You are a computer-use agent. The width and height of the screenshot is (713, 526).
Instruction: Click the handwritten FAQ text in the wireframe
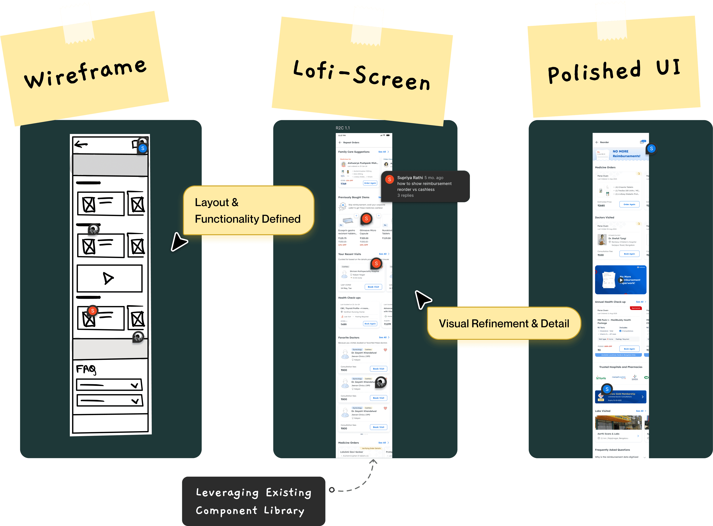coord(86,369)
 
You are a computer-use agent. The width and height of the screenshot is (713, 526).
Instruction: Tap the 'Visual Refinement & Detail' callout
coord(504,323)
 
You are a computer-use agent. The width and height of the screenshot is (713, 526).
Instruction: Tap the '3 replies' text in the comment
coord(405,195)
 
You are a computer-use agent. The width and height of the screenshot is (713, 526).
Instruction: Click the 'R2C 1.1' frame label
coord(343,128)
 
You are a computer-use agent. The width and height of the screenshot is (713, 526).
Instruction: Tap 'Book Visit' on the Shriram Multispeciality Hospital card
coord(373,287)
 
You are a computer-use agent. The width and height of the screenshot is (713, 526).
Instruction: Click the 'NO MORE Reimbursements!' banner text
coord(626,154)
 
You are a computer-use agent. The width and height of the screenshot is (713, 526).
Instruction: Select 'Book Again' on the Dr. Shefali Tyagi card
coord(629,254)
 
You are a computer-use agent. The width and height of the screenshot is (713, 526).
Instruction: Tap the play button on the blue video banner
coord(621,280)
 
